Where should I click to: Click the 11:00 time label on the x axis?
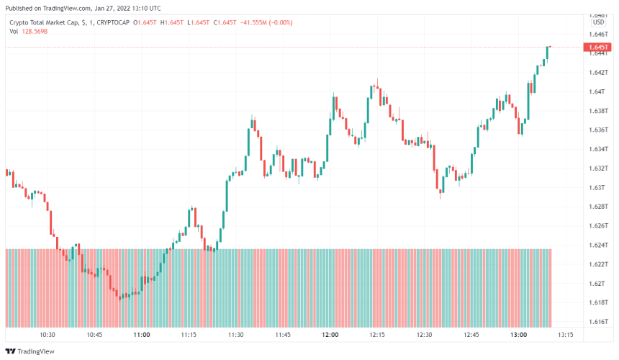[x=142, y=335]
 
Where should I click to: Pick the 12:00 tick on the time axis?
[x=330, y=335]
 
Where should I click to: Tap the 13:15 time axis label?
[x=566, y=335]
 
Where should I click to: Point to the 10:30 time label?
[x=48, y=335]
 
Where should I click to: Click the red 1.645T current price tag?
[x=598, y=48]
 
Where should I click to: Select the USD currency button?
[x=598, y=22]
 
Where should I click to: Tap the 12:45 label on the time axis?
[x=471, y=335]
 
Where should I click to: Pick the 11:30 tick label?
[x=236, y=335]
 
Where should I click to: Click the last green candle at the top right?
[x=548, y=53]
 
